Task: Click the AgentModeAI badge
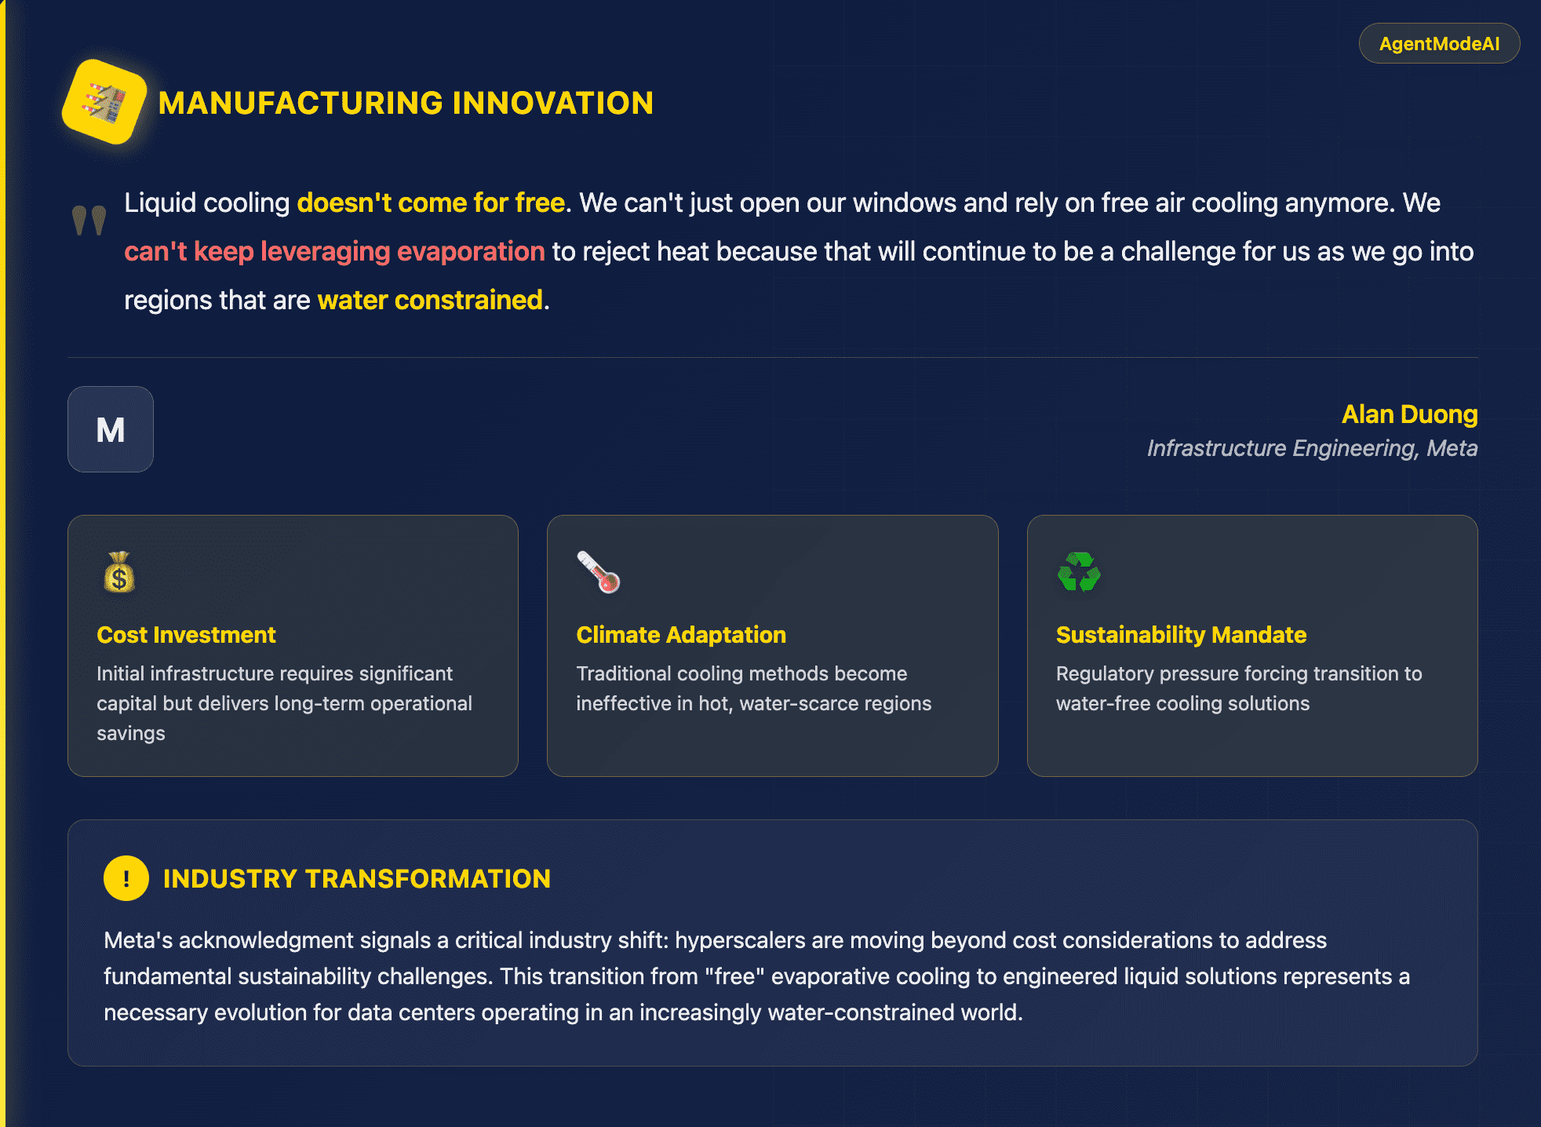(x=1439, y=43)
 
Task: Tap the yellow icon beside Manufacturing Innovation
(x=104, y=102)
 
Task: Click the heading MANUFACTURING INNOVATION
(x=406, y=103)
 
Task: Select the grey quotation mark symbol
(x=89, y=221)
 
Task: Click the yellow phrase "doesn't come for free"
(x=431, y=202)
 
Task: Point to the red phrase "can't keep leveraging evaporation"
(x=334, y=251)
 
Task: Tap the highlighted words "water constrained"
(x=430, y=300)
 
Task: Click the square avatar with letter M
(x=111, y=429)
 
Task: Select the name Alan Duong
(x=1409, y=414)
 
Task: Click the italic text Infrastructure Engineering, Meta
(x=1312, y=448)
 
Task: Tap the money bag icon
(x=119, y=572)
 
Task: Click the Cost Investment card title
(x=186, y=634)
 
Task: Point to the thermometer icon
(x=599, y=572)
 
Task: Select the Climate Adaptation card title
(x=681, y=634)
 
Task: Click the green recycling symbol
(x=1079, y=572)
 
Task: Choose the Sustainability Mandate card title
(x=1181, y=634)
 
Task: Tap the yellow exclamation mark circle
(x=126, y=878)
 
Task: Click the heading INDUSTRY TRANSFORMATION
(x=357, y=879)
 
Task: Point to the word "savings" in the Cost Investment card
(x=131, y=733)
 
